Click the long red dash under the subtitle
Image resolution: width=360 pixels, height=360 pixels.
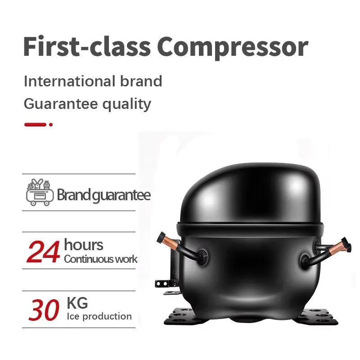tap(35, 124)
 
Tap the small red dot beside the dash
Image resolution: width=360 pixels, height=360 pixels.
tap(51, 124)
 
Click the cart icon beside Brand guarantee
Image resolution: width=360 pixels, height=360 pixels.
tap(40, 193)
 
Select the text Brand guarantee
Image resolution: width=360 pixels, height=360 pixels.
tap(103, 195)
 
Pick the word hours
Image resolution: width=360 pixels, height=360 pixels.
tap(83, 245)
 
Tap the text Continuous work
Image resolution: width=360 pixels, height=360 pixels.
tap(100, 259)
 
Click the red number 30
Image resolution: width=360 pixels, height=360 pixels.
tap(44, 310)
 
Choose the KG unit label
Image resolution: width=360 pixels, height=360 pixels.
tap(77, 302)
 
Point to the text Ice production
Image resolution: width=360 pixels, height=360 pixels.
tap(99, 316)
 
